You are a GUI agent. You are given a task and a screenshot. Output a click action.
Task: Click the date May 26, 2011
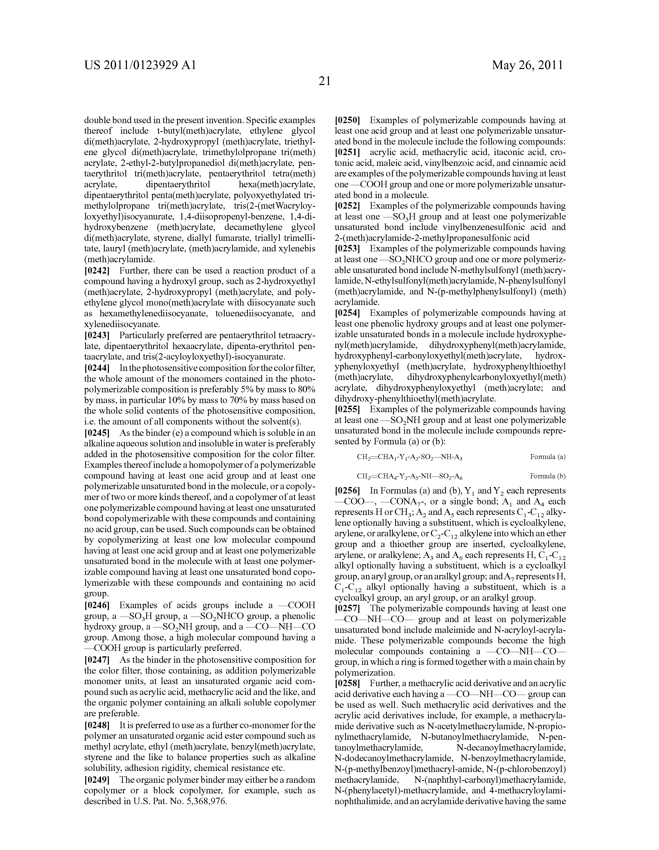pos(527,65)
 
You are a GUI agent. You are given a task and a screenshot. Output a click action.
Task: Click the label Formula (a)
pos(548,457)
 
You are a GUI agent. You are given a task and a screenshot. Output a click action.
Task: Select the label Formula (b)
pos(548,476)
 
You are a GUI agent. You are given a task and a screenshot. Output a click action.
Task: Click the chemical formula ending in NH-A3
pos(409,457)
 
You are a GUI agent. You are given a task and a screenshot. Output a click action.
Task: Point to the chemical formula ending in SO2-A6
pos(409,476)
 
